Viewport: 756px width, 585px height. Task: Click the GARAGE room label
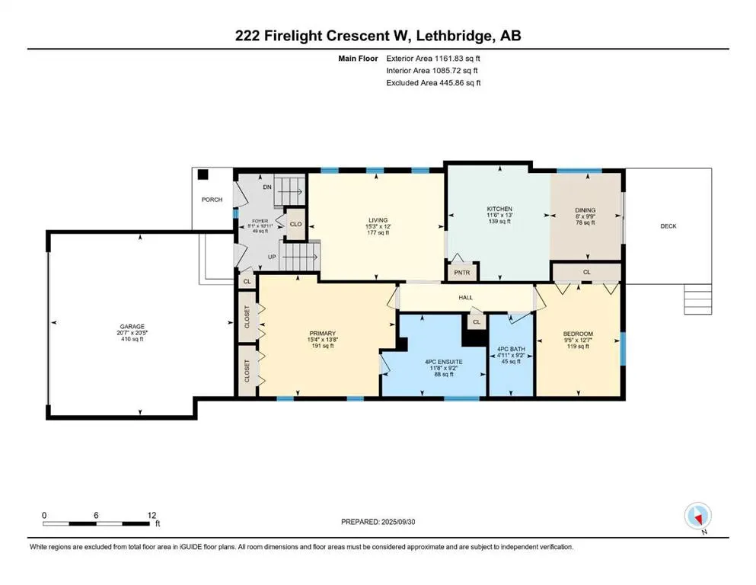point(132,327)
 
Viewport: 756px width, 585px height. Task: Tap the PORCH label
point(212,199)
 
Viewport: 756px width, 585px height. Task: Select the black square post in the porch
point(203,174)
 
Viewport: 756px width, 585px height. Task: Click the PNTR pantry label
point(462,273)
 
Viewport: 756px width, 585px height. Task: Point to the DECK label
point(668,225)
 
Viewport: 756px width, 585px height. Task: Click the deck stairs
point(697,299)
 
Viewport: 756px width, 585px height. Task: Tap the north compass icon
point(697,516)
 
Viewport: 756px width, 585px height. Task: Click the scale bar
point(97,523)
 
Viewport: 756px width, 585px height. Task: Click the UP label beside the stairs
point(272,257)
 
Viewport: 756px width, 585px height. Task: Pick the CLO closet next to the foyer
point(295,224)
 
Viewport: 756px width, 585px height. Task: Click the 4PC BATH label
point(511,349)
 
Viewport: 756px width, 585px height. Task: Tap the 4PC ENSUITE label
point(444,362)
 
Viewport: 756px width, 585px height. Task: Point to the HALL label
point(466,298)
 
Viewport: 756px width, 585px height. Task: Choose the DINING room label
point(585,210)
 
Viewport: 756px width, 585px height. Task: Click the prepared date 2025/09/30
point(398,522)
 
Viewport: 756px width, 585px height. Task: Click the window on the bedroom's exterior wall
point(623,349)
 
